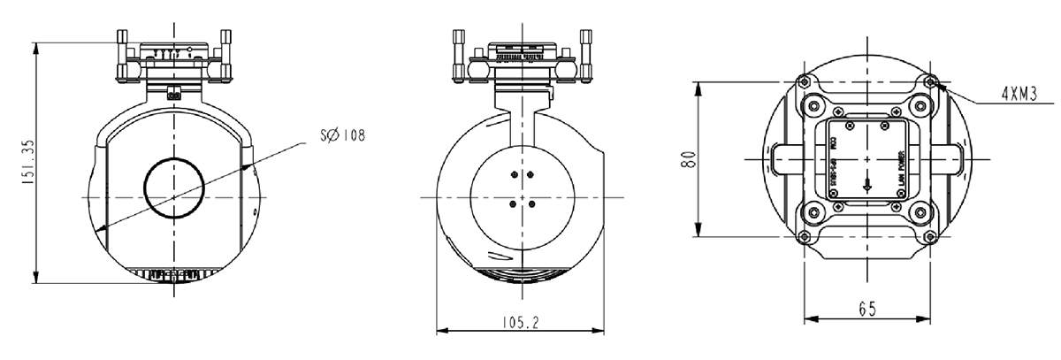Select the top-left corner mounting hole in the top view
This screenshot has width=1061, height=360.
coord(803,82)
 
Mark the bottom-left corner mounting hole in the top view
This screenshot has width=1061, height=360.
coord(803,236)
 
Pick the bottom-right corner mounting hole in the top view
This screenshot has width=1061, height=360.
coord(932,236)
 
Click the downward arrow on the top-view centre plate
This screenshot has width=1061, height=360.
coord(867,185)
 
